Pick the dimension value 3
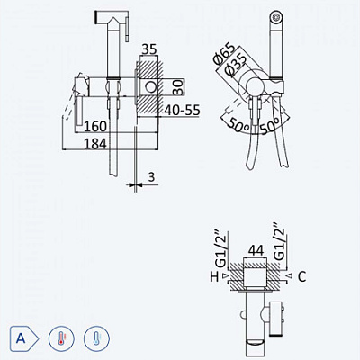(152, 178)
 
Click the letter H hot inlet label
(212, 276)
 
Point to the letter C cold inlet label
(302, 276)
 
